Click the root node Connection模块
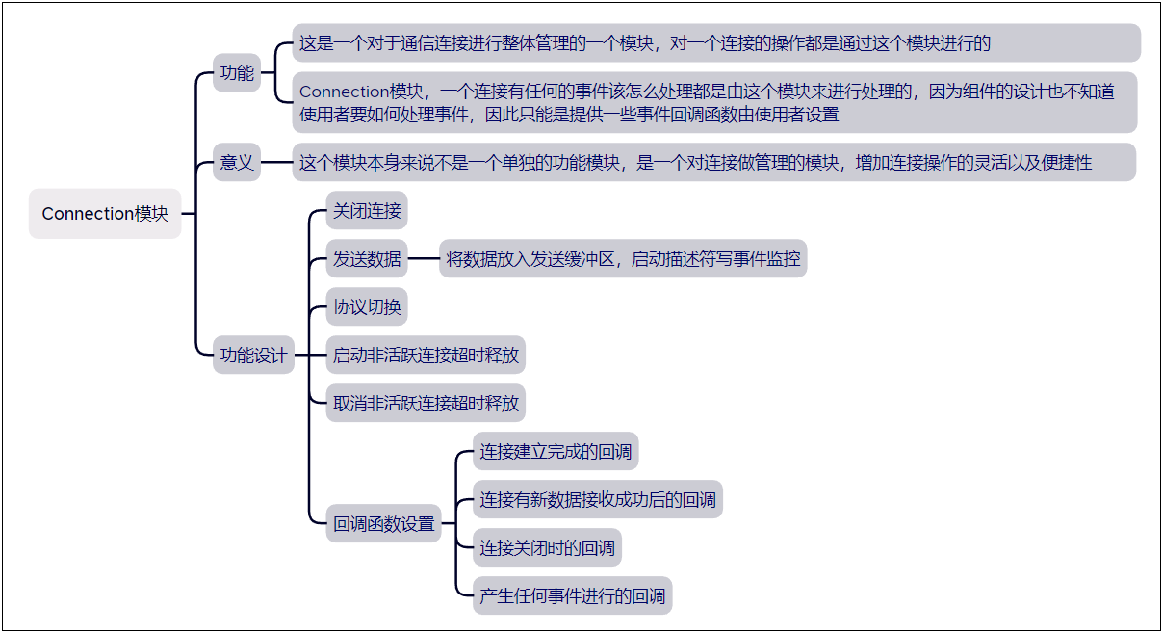tap(105, 214)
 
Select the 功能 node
tap(237, 73)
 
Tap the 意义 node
tap(237, 163)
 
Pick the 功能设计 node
tap(253, 356)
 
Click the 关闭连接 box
tap(367, 211)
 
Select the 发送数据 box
tap(367, 259)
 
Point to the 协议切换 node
tap(367, 307)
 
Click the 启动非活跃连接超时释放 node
tap(426, 356)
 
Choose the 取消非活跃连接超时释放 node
tap(426, 404)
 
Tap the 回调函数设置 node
tap(383, 525)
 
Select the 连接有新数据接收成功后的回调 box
tap(597, 500)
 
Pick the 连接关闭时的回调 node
tap(547, 548)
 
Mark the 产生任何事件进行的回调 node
tap(572, 596)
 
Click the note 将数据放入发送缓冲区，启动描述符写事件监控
tap(623, 259)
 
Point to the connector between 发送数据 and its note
tap(424, 259)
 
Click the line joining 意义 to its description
tap(276, 163)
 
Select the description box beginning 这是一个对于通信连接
tap(716, 43)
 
